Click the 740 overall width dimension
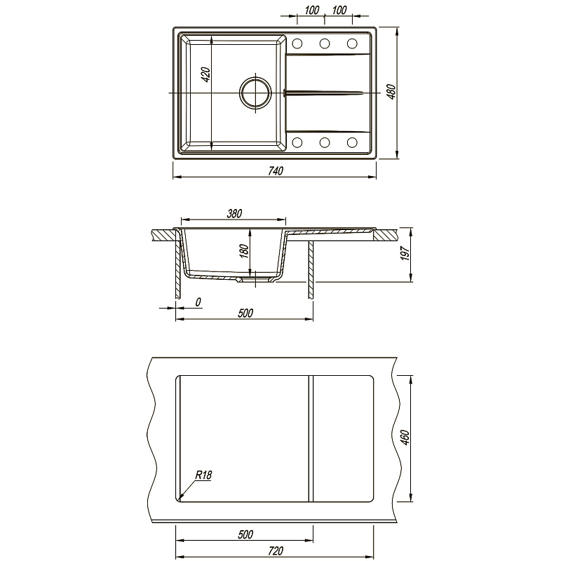point(276,171)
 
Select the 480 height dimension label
point(392,92)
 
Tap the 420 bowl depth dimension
point(206,74)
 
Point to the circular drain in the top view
point(255,93)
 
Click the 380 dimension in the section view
point(234,214)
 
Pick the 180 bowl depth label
point(244,251)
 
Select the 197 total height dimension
point(405,253)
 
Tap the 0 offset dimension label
point(198,302)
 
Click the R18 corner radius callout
point(203,475)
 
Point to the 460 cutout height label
point(405,438)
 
